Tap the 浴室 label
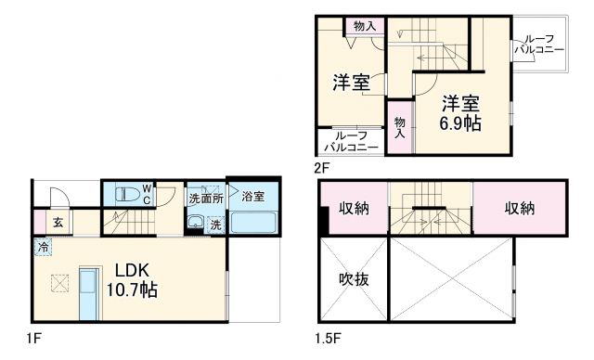pyautogui.click(x=253, y=197)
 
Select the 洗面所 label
pyautogui.click(x=205, y=198)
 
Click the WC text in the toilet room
pyautogui.click(x=146, y=192)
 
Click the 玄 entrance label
pyautogui.click(x=58, y=222)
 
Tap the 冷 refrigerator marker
pyautogui.click(x=43, y=246)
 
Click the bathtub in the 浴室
pyautogui.click(x=252, y=224)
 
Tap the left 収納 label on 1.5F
pyautogui.click(x=355, y=209)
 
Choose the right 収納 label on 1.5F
pyautogui.click(x=520, y=209)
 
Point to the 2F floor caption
pyautogui.click(x=322, y=168)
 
